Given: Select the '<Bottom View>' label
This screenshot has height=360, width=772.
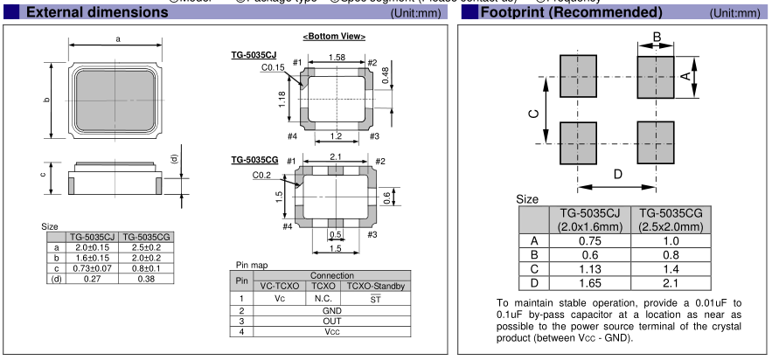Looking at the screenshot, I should pyautogui.click(x=321, y=37).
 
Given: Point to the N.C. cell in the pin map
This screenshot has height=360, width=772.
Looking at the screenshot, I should pyautogui.click(x=318, y=298).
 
